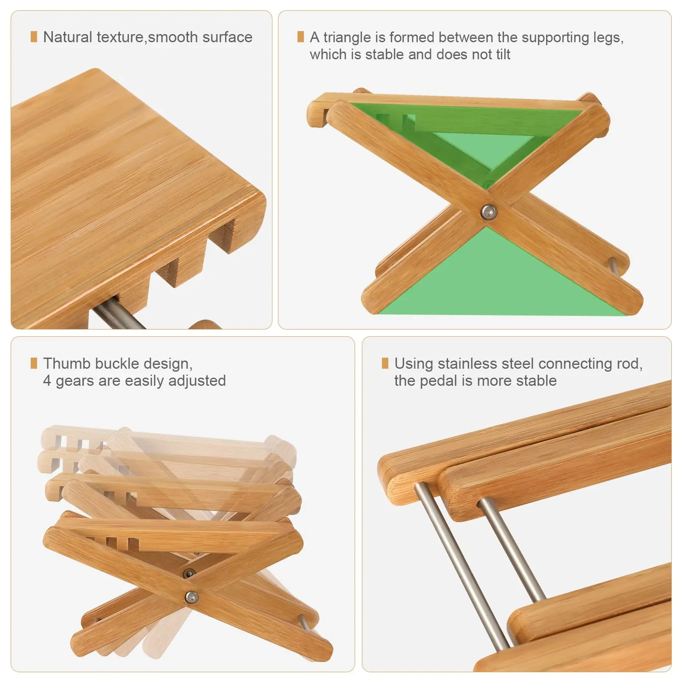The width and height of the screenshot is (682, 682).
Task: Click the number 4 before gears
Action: coord(47,381)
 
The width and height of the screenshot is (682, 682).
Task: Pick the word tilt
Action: coord(503,55)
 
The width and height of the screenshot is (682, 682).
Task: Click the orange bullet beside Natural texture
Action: coord(34,37)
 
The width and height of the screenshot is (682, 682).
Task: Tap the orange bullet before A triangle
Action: coord(301,37)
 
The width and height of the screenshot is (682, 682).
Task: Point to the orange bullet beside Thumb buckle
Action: coord(34,363)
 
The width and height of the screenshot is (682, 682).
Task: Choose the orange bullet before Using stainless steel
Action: coord(385,363)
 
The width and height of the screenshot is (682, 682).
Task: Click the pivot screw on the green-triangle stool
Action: coord(488,211)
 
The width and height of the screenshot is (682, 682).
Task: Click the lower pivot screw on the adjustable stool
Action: coord(191,597)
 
